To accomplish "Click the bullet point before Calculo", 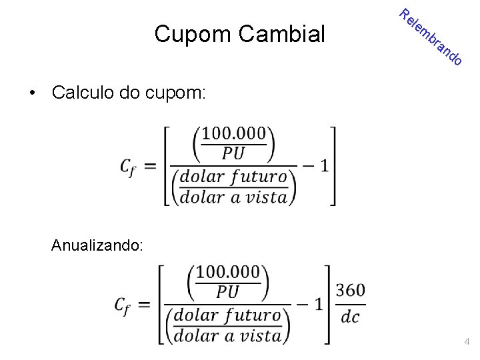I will coord(32,93).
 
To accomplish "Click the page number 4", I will coord(467,342).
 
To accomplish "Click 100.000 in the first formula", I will coord(234,134).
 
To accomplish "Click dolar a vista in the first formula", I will coord(234,197).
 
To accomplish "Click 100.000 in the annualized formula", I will coord(228,273).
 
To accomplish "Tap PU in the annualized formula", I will coord(228,293).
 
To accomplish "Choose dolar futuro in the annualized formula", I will coord(228,315).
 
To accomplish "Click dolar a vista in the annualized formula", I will coord(228,334).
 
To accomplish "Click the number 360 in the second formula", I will coord(351,292).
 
